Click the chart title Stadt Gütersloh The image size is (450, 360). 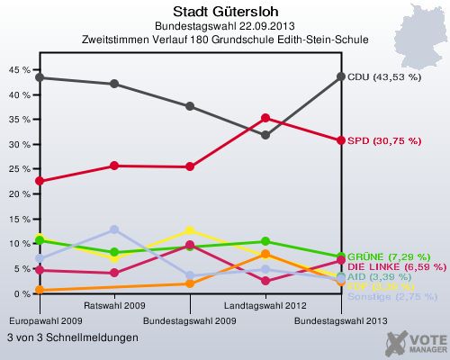(224, 12)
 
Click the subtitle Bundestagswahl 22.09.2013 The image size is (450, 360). (224, 26)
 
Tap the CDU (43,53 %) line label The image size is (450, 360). (384, 77)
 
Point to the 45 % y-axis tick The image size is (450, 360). (18, 69)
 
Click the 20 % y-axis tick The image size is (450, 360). (18, 194)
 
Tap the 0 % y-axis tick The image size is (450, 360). (21, 294)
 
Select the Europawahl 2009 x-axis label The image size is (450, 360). (39, 320)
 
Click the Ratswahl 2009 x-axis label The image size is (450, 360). (114, 307)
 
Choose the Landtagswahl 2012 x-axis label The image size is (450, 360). (265, 307)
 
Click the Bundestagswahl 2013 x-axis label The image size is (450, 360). (341, 320)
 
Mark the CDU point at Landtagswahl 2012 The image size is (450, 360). (265, 135)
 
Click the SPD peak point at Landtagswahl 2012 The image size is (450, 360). (265, 118)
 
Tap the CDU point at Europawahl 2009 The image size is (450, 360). (39, 77)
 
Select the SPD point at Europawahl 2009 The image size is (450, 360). (39, 181)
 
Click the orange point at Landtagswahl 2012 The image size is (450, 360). (265, 255)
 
